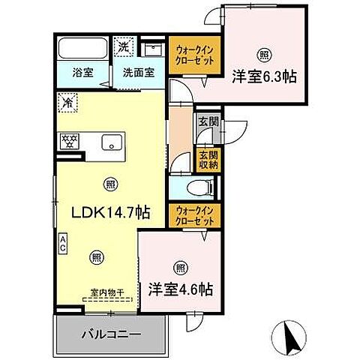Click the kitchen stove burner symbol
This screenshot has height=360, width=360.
[70, 140]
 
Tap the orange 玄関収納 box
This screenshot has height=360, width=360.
[204, 160]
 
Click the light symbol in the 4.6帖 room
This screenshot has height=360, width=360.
[180, 266]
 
